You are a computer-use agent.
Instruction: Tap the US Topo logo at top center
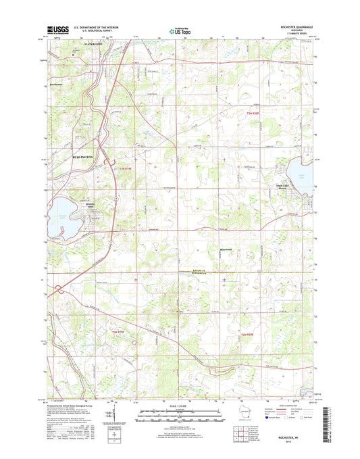(179, 30)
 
